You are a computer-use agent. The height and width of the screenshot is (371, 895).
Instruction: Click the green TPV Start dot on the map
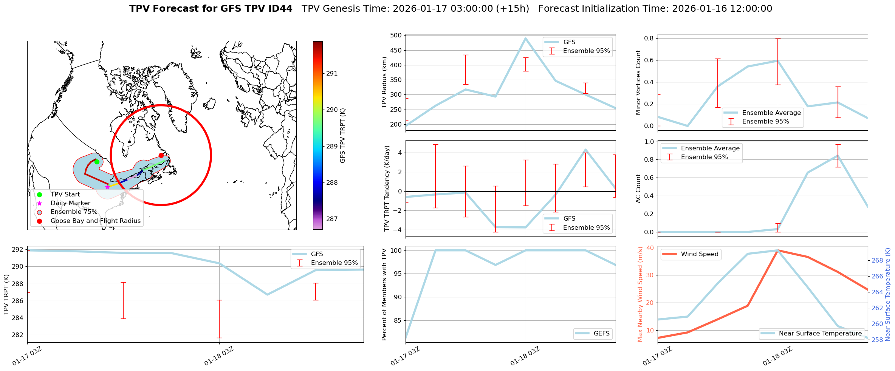pyautogui.click(x=97, y=162)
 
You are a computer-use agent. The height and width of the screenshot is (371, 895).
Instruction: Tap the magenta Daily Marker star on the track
pyautogui.click(x=107, y=187)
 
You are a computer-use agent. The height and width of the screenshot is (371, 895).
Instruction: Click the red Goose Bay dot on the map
pyautogui.click(x=161, y=155)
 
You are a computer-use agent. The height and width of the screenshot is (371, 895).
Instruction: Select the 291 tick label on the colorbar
pyautogui.click(x=332, y=73)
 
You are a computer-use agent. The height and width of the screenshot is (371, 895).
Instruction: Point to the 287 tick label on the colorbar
pyautogui.click(x=332, y=219)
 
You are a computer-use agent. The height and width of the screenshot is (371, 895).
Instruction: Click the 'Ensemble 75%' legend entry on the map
pyautogui.click(x=74, y=212)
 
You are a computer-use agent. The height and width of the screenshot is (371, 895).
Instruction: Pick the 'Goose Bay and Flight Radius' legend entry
pyautogui.click(x=95, y=221)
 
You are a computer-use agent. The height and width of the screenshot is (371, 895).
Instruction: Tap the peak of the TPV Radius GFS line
pyautogui.click(x=526, y=38)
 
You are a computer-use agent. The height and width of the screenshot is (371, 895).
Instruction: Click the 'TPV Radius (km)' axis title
pyautogui.click(x=385, y=82)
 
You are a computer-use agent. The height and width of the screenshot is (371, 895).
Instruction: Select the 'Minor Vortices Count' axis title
pyautogui.click(x=638, y=82)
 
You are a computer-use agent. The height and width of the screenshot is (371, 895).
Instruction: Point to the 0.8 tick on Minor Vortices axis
pyautogui.click(x=649, y=38)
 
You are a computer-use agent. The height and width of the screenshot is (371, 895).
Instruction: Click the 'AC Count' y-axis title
pyautogui.click(x=638, y=188)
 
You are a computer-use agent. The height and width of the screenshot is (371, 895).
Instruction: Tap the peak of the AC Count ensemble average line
pyautogui.click(x=838, y=155)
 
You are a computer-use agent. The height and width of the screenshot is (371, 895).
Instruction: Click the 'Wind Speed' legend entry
pyautogui.click(x=699, y=254)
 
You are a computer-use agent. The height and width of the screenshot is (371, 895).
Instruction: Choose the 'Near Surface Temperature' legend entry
pyautogui.click(x=820, y=333)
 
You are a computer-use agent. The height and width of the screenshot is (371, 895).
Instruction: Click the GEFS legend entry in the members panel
pyautogui.click(x=601, y=333)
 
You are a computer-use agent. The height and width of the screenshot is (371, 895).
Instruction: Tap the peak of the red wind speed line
pyautogui.click(x=778, y=250)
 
